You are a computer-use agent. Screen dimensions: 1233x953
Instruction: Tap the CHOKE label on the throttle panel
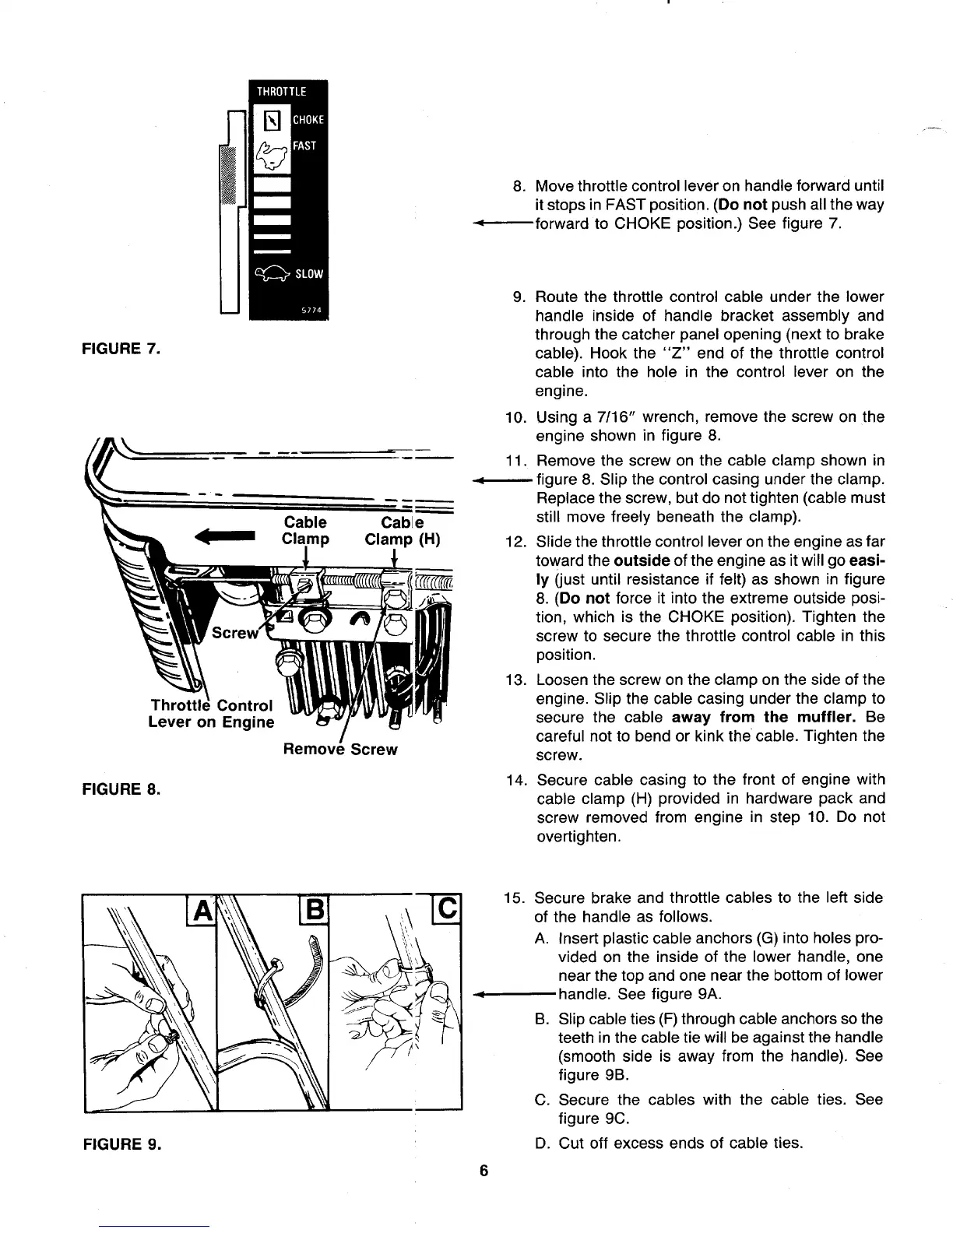308,120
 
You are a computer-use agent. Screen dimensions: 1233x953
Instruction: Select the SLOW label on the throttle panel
309,274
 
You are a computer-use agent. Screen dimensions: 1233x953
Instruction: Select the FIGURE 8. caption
121,789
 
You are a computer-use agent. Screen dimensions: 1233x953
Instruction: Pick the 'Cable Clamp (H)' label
393,530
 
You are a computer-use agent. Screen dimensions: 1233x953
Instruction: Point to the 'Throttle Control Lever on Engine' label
211,714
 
